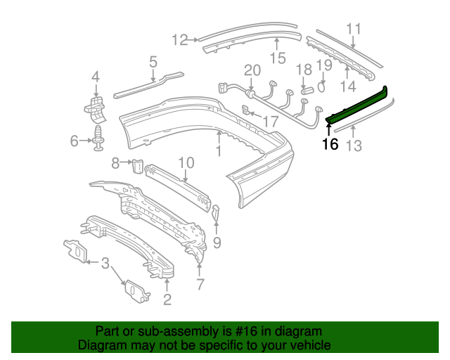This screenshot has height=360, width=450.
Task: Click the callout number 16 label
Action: (330, 145)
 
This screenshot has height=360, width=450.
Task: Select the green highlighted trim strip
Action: (359, 106)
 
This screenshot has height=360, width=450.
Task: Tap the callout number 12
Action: (180, 40)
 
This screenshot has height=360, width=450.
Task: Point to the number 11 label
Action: (353, 29)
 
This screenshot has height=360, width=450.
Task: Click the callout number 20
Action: (252, 70)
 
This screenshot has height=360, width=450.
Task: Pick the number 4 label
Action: (95, 77)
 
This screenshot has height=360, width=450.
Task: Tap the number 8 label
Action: (115, 164)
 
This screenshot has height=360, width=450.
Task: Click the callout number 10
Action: (185, 163)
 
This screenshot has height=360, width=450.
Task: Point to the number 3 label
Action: (105, 264)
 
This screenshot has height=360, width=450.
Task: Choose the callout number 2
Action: (167, 301)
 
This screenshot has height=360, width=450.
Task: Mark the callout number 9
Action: (217, 243)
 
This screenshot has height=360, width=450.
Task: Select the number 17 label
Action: (270, 122)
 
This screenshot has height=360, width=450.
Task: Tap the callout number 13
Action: (354, 146)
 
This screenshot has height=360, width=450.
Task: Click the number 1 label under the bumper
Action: (218, 150)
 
